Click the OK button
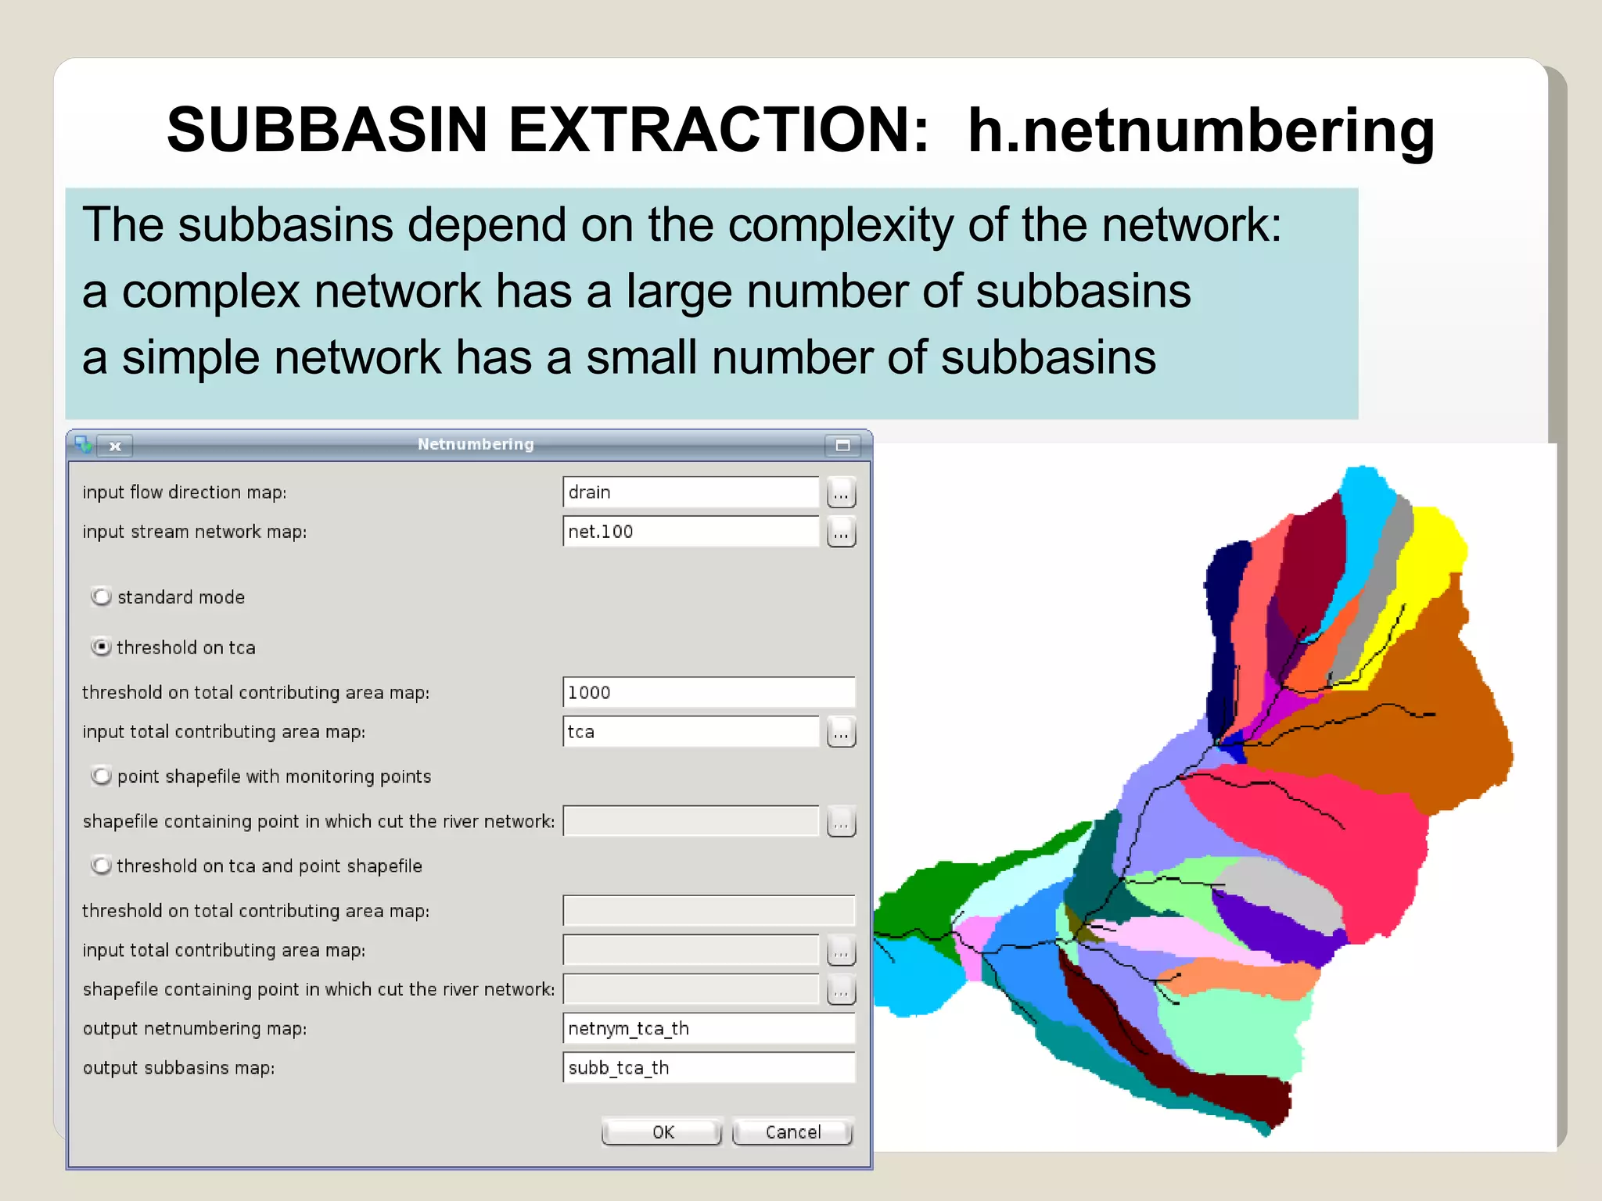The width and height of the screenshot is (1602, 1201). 662,1131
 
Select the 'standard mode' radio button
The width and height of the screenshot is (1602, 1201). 101,597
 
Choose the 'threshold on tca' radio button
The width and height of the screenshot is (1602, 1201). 101,647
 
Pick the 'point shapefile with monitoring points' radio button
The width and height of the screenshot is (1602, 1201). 101,776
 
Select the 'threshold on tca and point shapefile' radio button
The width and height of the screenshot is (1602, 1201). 101,866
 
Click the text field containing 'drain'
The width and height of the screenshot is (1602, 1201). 690,492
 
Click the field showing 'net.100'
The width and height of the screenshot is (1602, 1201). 690,532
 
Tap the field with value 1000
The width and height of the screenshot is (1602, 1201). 708,692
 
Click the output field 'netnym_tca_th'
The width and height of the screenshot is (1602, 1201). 708,1028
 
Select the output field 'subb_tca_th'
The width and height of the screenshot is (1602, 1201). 708,1067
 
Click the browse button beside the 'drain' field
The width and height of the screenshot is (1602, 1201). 841,493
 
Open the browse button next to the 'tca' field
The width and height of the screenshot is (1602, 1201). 841,733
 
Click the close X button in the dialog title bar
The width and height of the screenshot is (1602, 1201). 115,446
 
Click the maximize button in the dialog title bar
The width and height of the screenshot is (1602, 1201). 842,445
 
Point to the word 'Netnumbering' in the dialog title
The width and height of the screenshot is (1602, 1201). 476,444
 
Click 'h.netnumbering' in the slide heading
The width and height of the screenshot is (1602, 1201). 1201,131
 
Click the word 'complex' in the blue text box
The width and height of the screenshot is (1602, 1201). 211,292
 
